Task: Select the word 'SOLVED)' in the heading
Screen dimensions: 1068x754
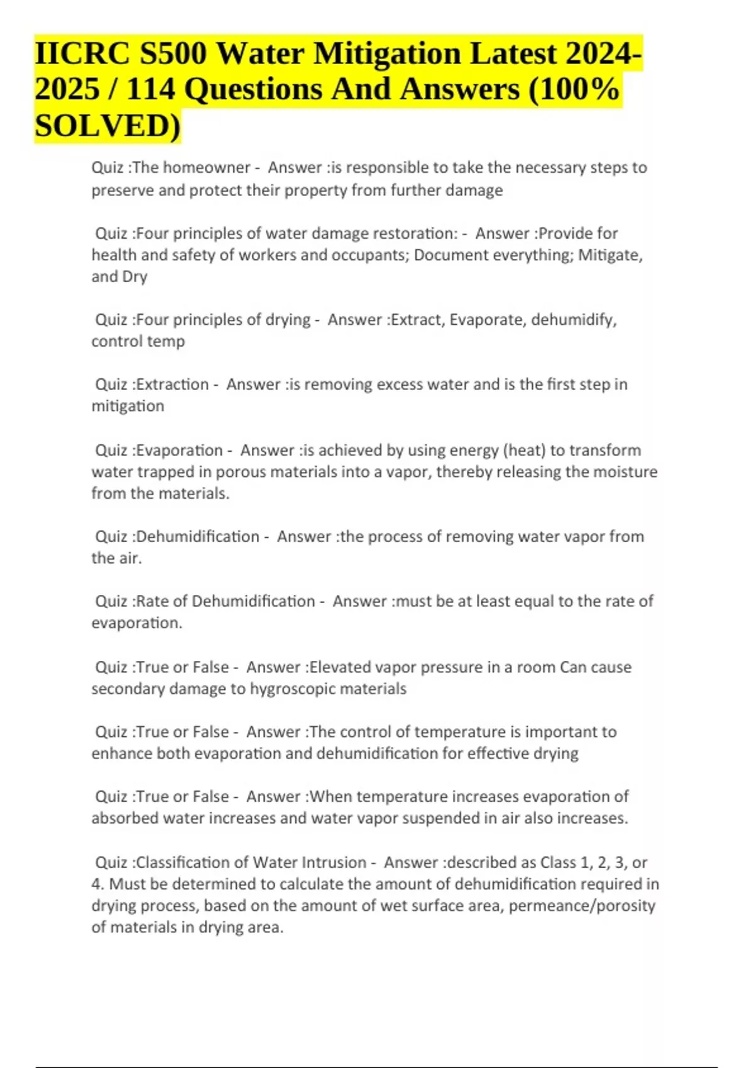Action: tap(107, 125)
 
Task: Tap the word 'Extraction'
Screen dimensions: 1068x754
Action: tap(172, 384)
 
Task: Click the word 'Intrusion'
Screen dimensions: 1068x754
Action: tap(334, 863)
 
